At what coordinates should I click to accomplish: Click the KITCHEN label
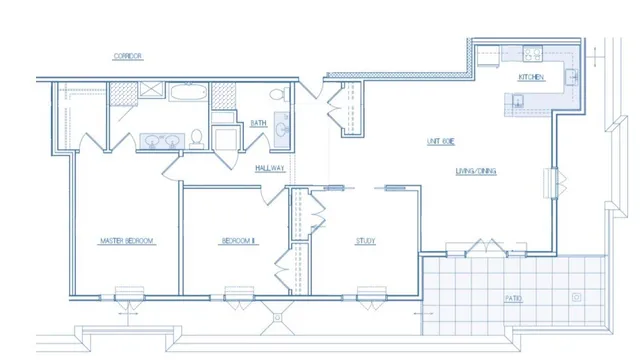(531, 77)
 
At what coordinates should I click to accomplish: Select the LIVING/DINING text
(476, 171)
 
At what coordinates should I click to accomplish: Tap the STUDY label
(365, 241)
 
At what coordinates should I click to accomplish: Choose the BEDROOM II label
(239, 241)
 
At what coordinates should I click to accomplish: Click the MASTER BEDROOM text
(125, 241)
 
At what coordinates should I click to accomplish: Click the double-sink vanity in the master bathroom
(160, 140)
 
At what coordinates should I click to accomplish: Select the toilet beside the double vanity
(198, 137)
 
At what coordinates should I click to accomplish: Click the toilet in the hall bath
(283, 95)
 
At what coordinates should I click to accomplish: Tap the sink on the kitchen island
(518, 98)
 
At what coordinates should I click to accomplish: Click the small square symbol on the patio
(576, 297)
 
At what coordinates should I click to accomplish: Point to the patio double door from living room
(485, 246)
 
